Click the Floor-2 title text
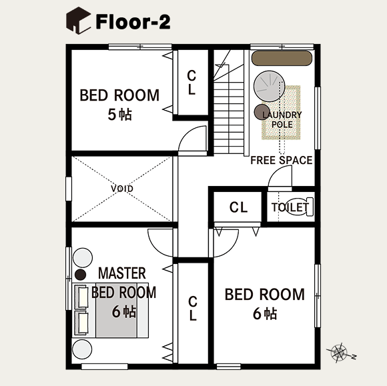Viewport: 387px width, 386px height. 133,21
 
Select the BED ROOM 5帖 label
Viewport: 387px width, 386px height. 119,103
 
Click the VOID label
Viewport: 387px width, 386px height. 121,189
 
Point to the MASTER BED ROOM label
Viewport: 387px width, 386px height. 123,283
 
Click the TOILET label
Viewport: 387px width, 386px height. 290,207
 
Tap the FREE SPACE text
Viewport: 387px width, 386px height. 281,160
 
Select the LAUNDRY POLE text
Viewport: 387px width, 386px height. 282,119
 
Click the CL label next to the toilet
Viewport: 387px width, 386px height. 238,207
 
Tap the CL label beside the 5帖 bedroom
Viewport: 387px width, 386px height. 191,83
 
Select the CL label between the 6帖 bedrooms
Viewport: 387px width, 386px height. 192,308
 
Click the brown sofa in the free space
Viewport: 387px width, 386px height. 282,58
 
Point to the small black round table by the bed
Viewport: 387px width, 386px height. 81,274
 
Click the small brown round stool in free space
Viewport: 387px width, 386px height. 262,111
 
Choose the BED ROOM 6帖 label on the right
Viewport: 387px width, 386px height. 264,303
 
